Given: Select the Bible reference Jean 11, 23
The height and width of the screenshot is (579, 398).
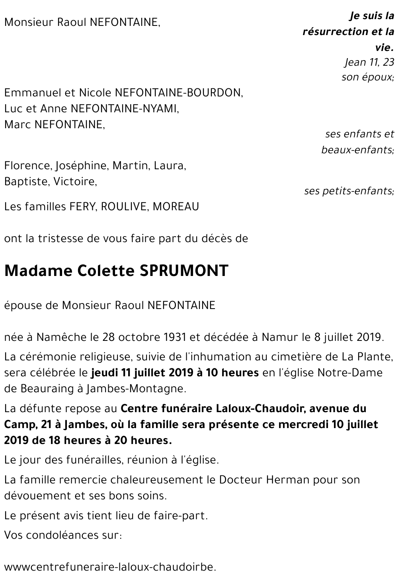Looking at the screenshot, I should coord(369,62).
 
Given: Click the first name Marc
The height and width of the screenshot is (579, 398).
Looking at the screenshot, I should coord(18,125).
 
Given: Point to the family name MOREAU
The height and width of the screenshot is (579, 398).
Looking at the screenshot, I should coord(176,207).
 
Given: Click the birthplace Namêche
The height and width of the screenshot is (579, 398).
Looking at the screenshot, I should coord(62,337).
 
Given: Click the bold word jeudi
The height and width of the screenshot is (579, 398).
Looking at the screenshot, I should coord(103,373).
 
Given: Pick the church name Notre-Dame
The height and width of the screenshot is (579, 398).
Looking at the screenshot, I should coord(349,373).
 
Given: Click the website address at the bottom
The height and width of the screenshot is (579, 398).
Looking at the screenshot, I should coord(111,567).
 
